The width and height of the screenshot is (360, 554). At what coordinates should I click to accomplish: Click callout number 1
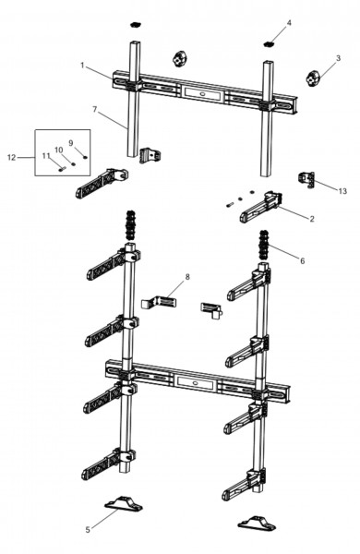[82, 66]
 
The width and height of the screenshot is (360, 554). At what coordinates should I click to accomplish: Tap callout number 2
[312, 219]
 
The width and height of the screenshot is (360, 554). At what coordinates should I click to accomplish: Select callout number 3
[338, 58]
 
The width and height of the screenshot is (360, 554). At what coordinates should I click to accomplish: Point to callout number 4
[289, 23]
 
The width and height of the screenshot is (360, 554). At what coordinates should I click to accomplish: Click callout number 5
[88, 530]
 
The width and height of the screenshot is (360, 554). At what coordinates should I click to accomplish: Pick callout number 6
[303, 261]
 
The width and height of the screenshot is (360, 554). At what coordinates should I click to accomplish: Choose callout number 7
[95, 110]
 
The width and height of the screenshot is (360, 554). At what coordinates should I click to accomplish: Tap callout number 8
[187, 277]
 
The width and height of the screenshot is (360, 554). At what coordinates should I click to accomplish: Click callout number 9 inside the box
[71, 143]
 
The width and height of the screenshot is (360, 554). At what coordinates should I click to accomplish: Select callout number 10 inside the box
[59, 151]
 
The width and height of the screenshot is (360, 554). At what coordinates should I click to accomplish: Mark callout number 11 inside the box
[46, 156]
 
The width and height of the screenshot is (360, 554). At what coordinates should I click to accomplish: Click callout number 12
[12, 158]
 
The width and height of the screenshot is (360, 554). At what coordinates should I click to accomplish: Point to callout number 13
[342, 191]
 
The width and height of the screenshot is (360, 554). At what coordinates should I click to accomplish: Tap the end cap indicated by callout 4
[270, 44]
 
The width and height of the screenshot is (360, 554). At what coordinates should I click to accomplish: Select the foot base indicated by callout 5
[123, 503]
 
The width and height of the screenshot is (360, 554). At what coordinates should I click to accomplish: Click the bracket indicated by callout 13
[306, 179]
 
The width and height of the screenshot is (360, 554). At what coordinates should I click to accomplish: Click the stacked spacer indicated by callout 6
[264, 244]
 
